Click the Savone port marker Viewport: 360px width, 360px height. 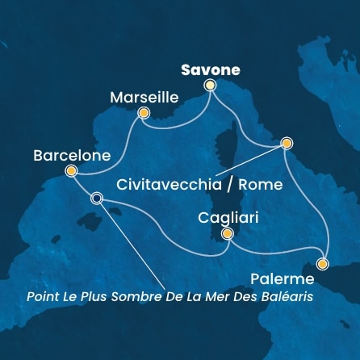click(211, 85)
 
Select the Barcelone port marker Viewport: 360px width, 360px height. click(71, 170)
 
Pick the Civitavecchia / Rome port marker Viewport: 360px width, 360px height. click(286, 143)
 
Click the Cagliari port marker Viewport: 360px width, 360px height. click(228, 234)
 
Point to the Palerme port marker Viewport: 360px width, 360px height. click(323, 263)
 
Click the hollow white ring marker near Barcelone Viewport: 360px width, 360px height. click(97, 198)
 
